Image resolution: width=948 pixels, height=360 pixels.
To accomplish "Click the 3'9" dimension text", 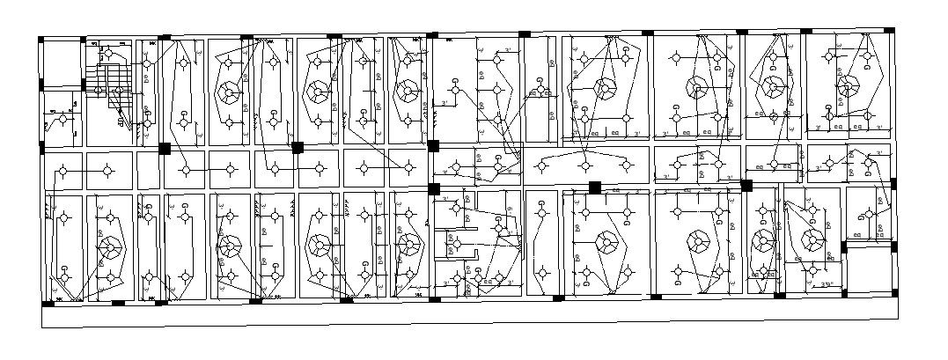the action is tap(827, 284).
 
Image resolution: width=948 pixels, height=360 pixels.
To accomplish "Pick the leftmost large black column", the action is tap(164, 149).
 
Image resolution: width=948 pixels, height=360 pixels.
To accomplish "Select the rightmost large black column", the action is tap(746, 186).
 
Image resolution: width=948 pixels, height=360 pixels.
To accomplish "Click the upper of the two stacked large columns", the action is tap(432, 146).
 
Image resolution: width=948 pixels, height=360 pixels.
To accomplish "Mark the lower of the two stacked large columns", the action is tap(433, 188).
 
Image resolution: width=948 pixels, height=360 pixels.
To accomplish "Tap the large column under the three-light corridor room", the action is tap(595, 187).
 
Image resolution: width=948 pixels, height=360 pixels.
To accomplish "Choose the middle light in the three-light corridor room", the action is tap(584, 165).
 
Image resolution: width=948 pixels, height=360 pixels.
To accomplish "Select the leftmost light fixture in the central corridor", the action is tap(62, 170).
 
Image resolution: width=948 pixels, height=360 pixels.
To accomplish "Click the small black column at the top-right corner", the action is tap(889, 31).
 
